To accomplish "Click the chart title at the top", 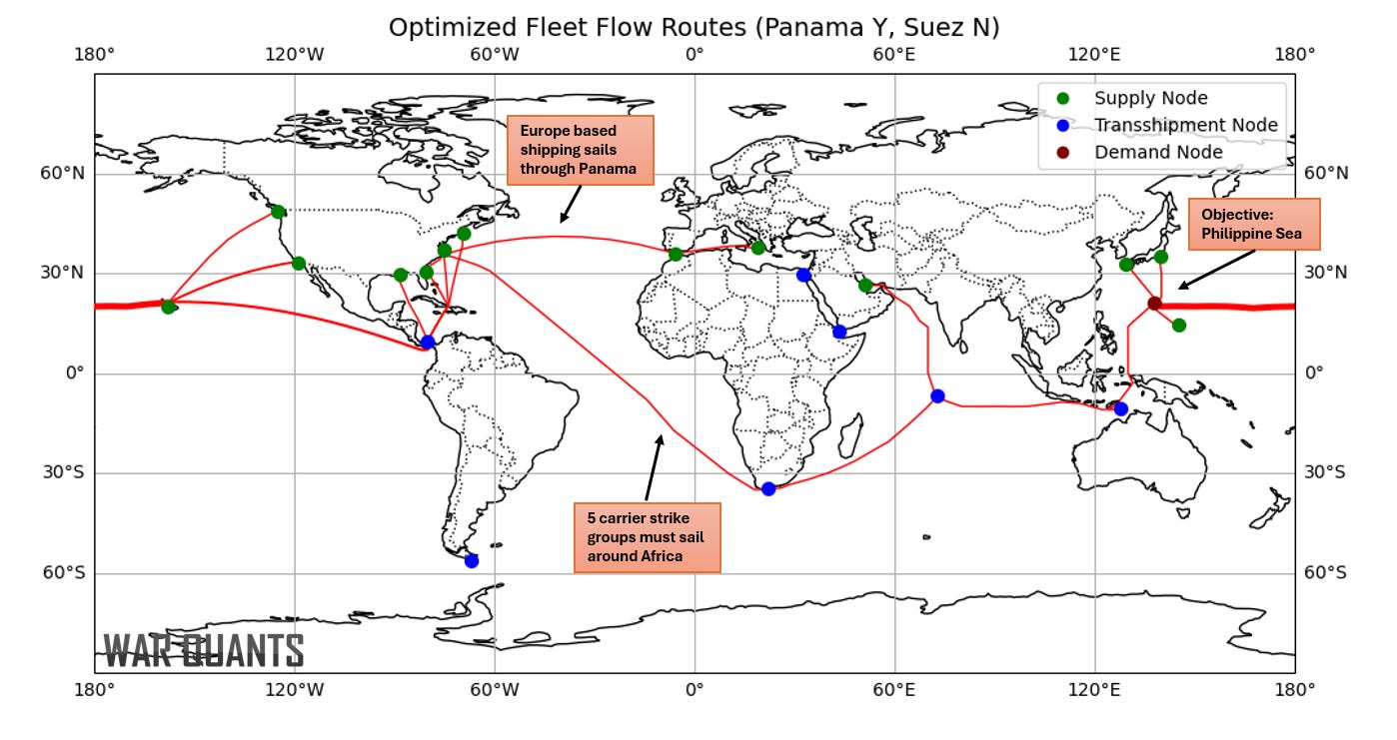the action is coord(694,27).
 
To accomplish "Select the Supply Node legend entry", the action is coord(1150,98).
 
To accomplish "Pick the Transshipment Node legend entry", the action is coord(1185,125).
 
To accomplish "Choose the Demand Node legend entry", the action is coord(1158,152).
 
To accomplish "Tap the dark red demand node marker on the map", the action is coord(1154,303).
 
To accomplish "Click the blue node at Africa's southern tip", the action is coord(768,488).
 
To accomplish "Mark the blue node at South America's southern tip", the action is coord(472,560).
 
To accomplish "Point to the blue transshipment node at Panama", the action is coord(428,342).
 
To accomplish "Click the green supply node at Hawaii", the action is coord(168,307).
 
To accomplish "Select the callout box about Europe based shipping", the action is coord(580,150).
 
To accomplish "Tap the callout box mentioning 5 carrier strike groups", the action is coord(647,537).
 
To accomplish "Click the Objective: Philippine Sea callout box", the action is coord(1253,225).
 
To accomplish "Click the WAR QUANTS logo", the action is coord(204,650).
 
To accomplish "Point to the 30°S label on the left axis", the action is coord(63,472).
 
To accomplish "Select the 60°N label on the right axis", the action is coord(1327,174).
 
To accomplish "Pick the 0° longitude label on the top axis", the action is coord(695,55).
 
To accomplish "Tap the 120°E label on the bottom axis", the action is coord(1094,690).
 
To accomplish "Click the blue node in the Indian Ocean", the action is coord(937,396).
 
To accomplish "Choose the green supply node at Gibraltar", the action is coord(676,254).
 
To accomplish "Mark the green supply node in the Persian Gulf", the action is coord(865,286).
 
